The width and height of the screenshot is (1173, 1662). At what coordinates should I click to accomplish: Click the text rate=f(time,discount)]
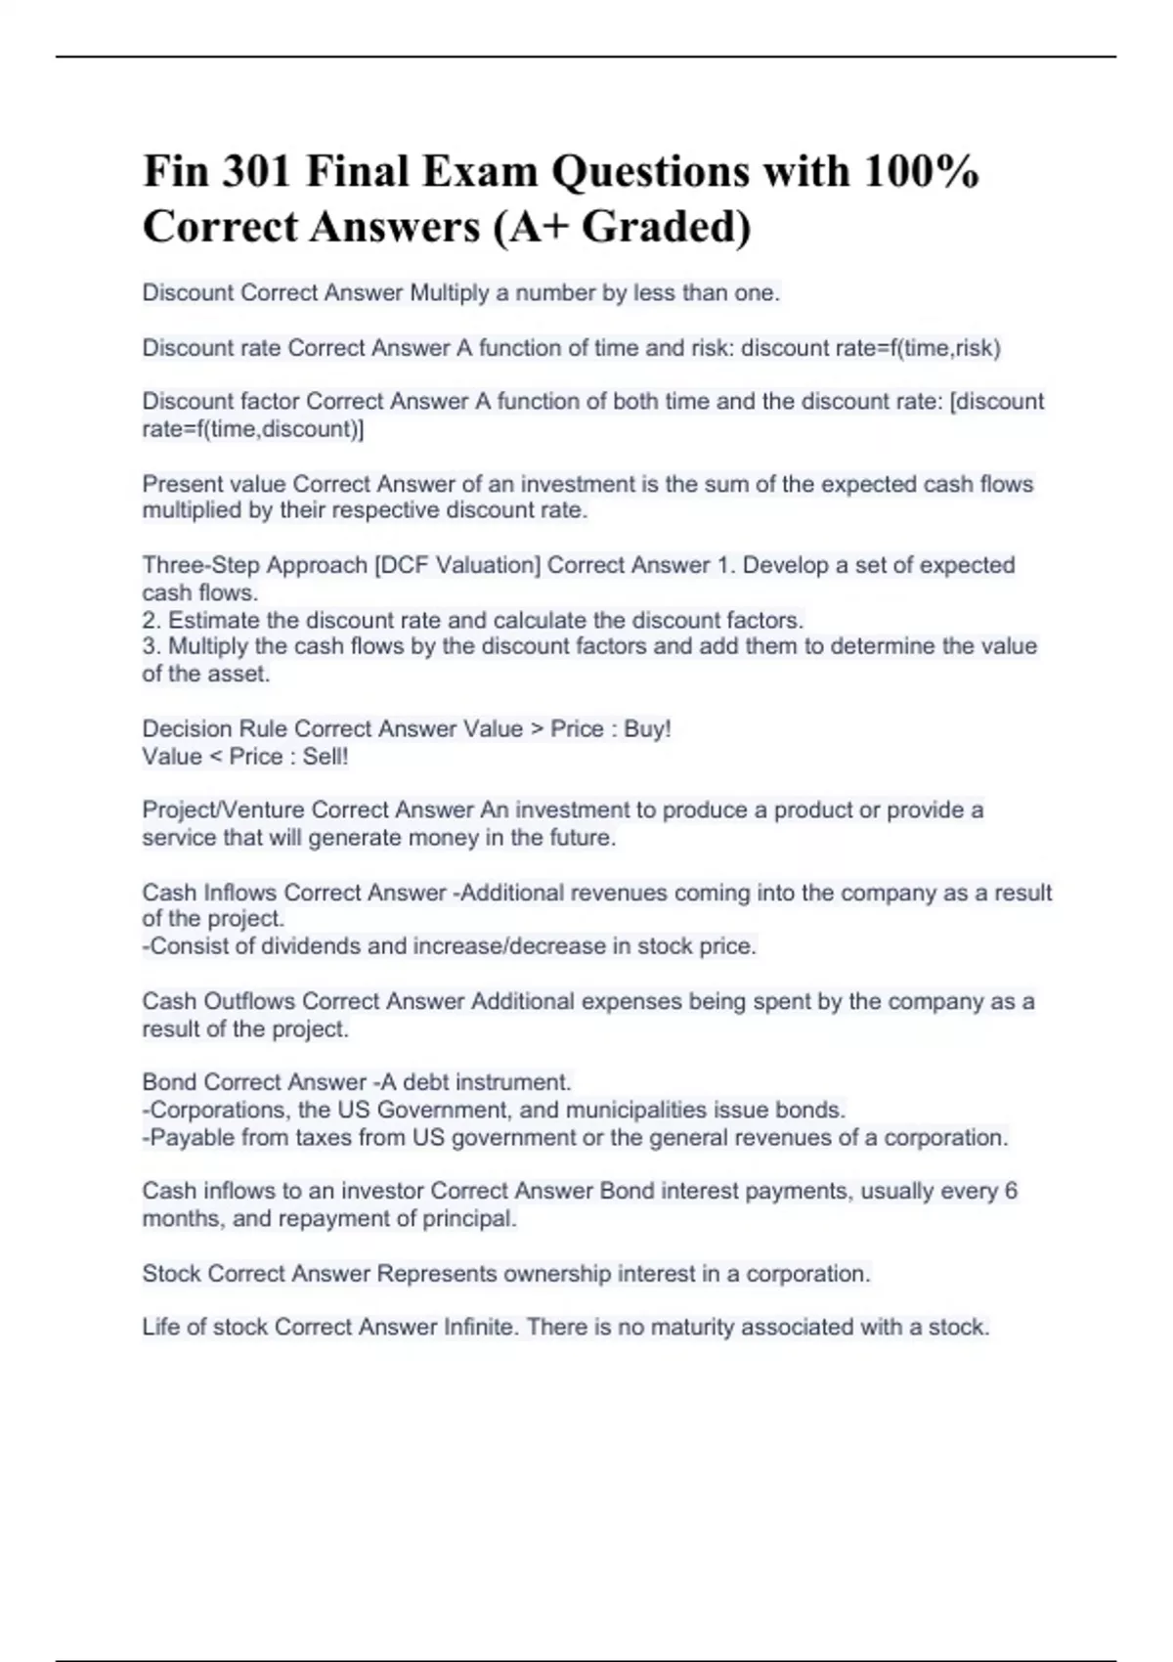pos(253,429)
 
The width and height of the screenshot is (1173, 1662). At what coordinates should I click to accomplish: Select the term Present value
pos(214,484)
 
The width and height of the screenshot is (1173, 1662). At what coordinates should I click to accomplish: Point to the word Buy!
pos(647,729)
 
